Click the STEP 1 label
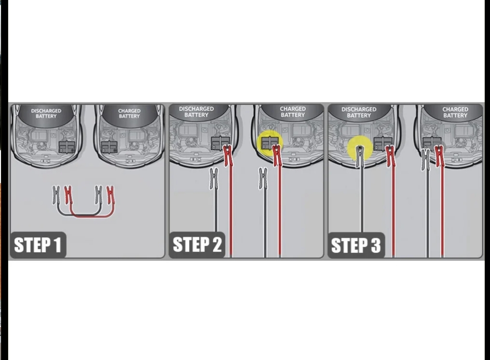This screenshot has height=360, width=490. coord(38,245)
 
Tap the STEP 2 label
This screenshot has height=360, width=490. coord(197,244)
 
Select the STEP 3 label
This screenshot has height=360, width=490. coord(356,245)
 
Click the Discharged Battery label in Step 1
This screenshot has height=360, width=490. coord(46,113)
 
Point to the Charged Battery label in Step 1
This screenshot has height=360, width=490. coord(129,113)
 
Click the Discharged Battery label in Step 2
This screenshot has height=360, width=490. coord(196,112)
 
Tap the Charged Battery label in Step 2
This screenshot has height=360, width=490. coord(292,112)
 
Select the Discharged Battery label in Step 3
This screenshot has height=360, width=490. coord(359,112)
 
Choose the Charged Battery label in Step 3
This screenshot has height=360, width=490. coord(455,112)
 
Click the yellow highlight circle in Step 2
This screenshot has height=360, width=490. coord(270,144)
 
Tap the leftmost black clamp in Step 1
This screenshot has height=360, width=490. coord(56,195)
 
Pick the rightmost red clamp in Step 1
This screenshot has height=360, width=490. coord(110,195)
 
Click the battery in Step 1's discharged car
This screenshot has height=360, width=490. coord(67,147)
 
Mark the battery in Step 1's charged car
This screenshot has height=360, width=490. coord(109,147)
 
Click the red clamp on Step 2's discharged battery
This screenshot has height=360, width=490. coord(228,155)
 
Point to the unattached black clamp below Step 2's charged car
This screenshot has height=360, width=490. coord(263,178)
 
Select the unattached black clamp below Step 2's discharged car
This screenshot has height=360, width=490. coord(214,178)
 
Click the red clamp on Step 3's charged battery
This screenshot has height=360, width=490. coord(439,156)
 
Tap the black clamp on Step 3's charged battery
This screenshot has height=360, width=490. coord(425,159)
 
